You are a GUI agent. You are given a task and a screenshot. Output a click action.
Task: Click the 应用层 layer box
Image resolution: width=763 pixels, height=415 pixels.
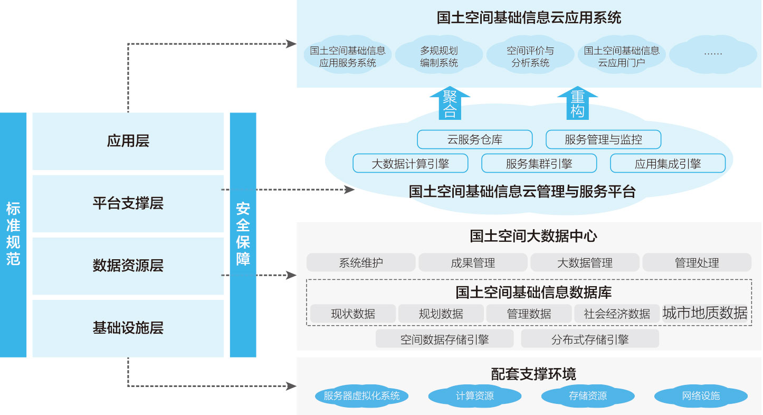coord(128,141)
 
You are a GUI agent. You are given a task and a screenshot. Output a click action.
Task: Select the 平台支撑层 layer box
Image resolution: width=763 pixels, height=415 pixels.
coord(128,203)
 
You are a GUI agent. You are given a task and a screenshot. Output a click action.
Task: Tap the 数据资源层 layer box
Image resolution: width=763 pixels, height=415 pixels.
coord(128,266)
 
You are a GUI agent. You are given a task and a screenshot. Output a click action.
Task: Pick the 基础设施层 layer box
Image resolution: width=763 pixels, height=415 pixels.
coord(128,328)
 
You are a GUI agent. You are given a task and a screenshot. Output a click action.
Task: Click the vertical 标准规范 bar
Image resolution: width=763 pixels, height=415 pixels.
coord(13,235)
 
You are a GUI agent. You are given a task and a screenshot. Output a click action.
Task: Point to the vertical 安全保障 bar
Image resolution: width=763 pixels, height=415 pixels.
coord(243,235)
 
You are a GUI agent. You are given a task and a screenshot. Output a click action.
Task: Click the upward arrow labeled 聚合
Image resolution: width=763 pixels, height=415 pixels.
coord(450,103)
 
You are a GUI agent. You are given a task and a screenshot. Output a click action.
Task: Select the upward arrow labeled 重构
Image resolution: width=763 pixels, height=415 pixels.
coord(577,103)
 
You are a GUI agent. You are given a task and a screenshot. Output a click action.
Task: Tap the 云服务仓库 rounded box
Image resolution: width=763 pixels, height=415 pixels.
coord(475,139)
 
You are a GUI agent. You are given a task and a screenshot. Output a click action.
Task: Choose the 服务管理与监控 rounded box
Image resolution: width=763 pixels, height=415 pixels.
coord(603,139)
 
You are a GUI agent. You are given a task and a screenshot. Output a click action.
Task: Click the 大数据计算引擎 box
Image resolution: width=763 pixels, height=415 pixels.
coord(411,163)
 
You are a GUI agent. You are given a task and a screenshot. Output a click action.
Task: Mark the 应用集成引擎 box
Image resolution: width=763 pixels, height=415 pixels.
coord(667,163)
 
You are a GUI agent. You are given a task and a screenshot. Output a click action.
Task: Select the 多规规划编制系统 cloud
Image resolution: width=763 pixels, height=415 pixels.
coord(438,55)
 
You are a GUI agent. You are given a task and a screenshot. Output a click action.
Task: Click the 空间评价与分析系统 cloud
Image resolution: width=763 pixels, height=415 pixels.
coord(530,55)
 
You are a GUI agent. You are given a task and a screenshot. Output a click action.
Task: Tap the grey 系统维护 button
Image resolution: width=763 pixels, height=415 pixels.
coord(361,262)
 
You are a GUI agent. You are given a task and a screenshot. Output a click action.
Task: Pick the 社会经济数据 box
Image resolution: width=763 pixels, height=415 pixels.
coord(617,314)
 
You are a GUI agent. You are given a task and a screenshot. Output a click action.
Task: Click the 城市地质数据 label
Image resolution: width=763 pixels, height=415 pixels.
coord(705,313)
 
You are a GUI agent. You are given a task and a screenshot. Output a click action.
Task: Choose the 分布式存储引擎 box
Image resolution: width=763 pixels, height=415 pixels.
coord(590,338)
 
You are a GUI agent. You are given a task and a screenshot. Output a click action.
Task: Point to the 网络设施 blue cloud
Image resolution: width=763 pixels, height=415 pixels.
coord(701,395)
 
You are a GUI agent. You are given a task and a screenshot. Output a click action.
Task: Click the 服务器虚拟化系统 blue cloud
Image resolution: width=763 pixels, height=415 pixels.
coord(362,395)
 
